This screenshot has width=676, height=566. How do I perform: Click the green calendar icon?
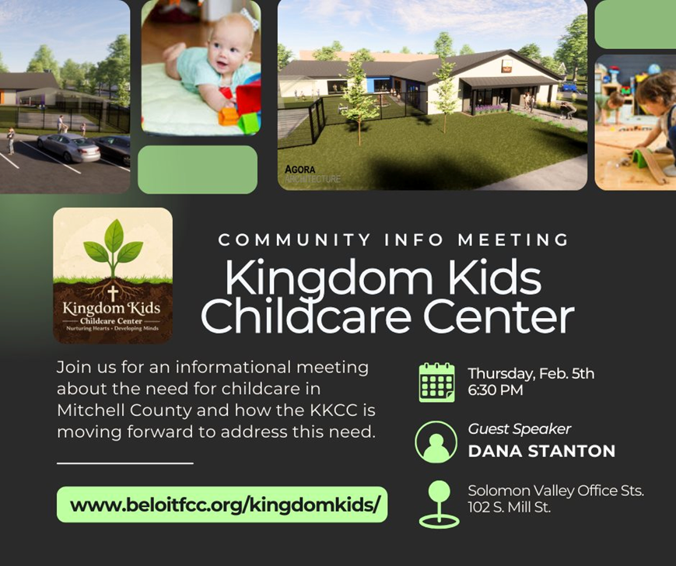(x=436, y=382)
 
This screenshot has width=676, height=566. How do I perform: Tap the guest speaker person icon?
(x=436, y=442)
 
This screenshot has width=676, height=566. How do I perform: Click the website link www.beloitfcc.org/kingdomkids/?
(x=225, y=505)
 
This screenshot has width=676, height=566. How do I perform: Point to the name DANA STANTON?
(x=541, y=451)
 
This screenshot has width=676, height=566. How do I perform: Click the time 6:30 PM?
(x=496, y=390)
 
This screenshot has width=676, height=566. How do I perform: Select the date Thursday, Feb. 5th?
(x=531, y=373)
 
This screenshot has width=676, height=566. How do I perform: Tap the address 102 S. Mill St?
(x=510, y=507)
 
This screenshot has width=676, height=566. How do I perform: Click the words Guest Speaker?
(x=520, y=429)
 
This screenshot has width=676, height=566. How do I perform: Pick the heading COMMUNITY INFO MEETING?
(x=394, y=239)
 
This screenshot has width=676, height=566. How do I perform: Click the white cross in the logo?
(x=113, y=293)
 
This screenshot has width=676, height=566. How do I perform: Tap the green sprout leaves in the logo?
(x=113, y=243)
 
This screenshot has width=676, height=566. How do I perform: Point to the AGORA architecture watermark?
(x=312, y=173)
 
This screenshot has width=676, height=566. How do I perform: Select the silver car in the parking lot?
(x=69, y=147)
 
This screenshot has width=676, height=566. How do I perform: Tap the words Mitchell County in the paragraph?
(x=124, y=411)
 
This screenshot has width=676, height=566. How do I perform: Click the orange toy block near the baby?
(x=228, y=117)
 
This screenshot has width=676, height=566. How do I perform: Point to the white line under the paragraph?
(x=125, y=463)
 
